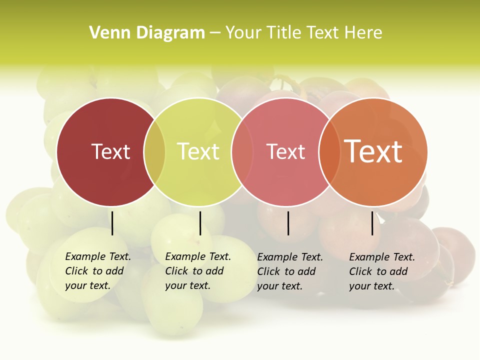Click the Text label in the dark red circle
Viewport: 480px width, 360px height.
pyautogui.click(x=110, y=151)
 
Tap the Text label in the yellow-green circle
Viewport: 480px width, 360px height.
pyautogui.click(x=198, y=151)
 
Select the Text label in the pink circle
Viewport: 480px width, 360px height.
pyautogui.click(x=285, y=151)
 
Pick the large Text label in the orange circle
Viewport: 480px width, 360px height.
pyautogui.click(x=373, y=151)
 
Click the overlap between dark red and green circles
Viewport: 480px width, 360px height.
pyautogui.click(x=154, y=152)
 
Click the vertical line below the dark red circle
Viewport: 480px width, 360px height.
pyautogui.click(x=112, y=223)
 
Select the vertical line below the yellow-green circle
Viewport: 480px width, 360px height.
pyautogui.click(x=200, y=223)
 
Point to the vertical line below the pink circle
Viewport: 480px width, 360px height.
pyautogui.click(x=288, y=223)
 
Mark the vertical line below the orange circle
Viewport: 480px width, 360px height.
pyautogui.click(x=372, y=223)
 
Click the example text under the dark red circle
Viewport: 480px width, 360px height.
pyautogui.click(x=97, y=271)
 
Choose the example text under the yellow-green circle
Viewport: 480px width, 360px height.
pyautogui.click(x=197, y=271)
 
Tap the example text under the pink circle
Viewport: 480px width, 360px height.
pyautogui.click(x=289, y=271)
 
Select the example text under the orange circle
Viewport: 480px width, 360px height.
pyautogui.click(x=381, y=271)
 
